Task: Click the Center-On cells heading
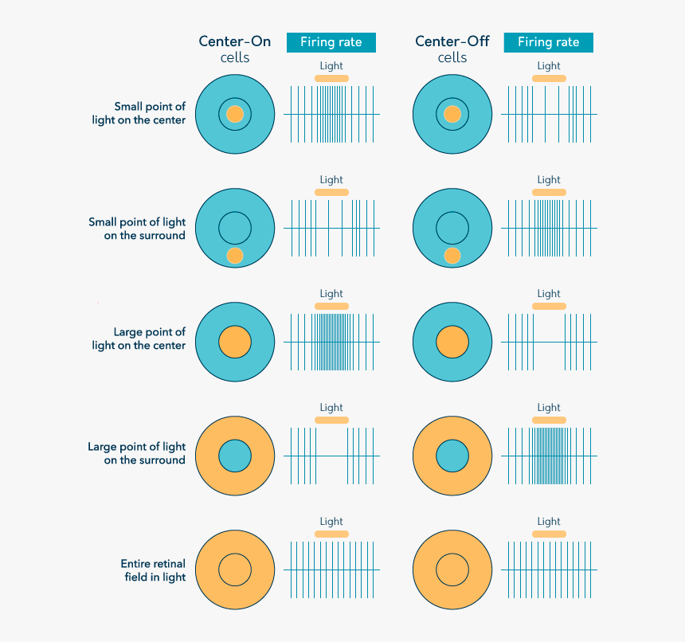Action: tap(235, 49)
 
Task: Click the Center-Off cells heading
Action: tap(452, 49)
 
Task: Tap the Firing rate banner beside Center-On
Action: tap(331, 42)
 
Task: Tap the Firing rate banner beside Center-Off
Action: tap(548, 42)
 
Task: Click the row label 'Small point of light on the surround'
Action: tap(137, 229)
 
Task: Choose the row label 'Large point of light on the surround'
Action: tap(136, 453)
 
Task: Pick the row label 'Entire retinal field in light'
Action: tap(153, 570)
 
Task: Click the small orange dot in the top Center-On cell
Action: tap(235, 114)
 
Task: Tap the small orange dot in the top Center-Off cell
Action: tap(452, 114)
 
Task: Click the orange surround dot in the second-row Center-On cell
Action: tap(235, 256)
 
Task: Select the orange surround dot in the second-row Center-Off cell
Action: tap(452, 256)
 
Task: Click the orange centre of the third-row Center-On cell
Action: tap(235, 342)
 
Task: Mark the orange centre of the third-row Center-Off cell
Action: tap(452, 342)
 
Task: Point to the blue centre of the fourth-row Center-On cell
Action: tap(235, 456)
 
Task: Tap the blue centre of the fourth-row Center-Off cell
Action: tap(452, 456)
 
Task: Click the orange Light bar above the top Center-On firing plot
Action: tap(331, 78)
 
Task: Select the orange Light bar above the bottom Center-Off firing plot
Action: tap(549, 534)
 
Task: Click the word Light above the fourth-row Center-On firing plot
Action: tap(331, 408)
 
